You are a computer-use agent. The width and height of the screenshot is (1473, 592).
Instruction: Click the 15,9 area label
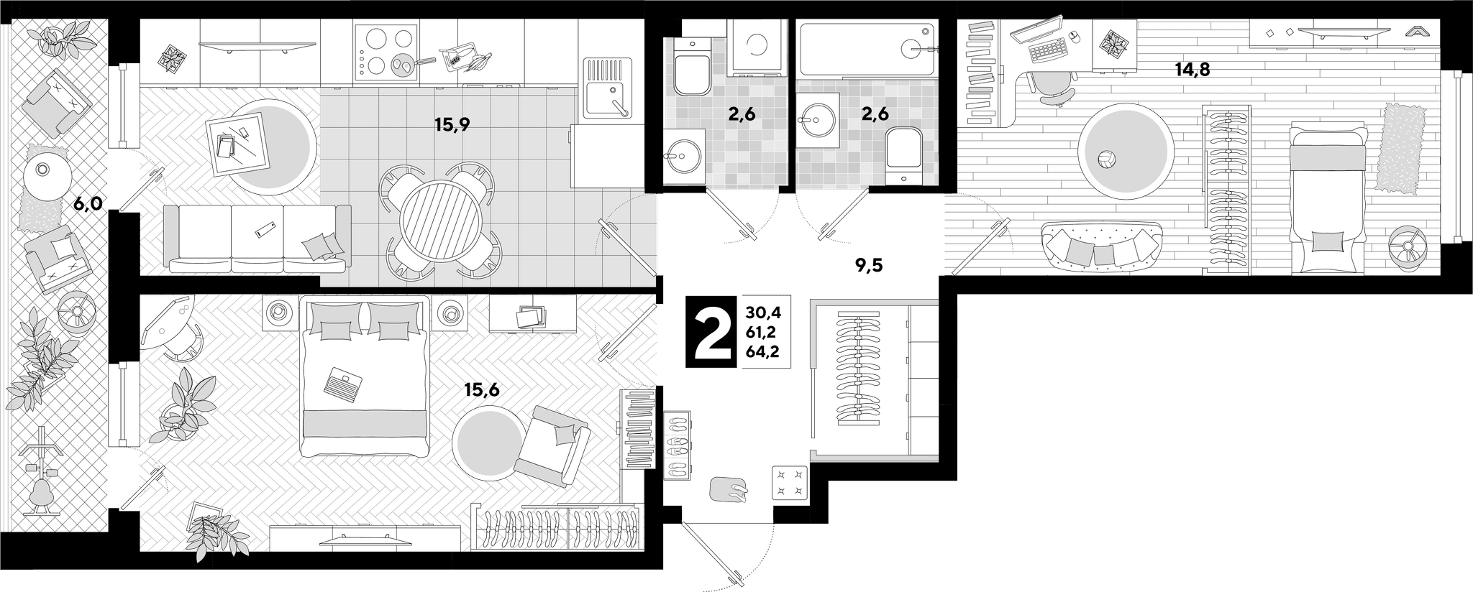pos(452,125)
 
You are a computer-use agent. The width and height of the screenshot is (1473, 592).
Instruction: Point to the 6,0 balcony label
pos(88,204)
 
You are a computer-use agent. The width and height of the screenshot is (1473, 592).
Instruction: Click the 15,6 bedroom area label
pos(482,390)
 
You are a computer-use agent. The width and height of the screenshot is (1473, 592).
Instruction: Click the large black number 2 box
pos(711,331)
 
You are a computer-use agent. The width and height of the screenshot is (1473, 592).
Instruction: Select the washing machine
pos(758,47)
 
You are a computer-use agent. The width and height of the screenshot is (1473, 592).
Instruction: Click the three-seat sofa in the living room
pos(257,238)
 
